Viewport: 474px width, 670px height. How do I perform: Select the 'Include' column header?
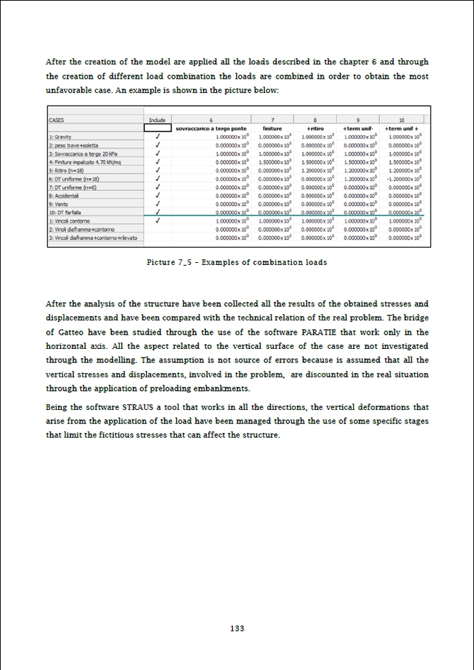pos(157,120)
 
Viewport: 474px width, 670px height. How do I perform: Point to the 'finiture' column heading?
pos(272,128)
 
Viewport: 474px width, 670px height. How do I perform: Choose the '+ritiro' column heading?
pos(314,128)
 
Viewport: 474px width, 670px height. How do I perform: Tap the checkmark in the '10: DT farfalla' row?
pos(157,211)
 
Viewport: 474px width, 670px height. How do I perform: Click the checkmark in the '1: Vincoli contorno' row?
pos(157,220)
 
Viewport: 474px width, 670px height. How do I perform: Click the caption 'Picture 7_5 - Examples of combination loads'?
pos(236,262)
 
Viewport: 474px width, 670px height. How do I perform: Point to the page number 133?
pos(236,629)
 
